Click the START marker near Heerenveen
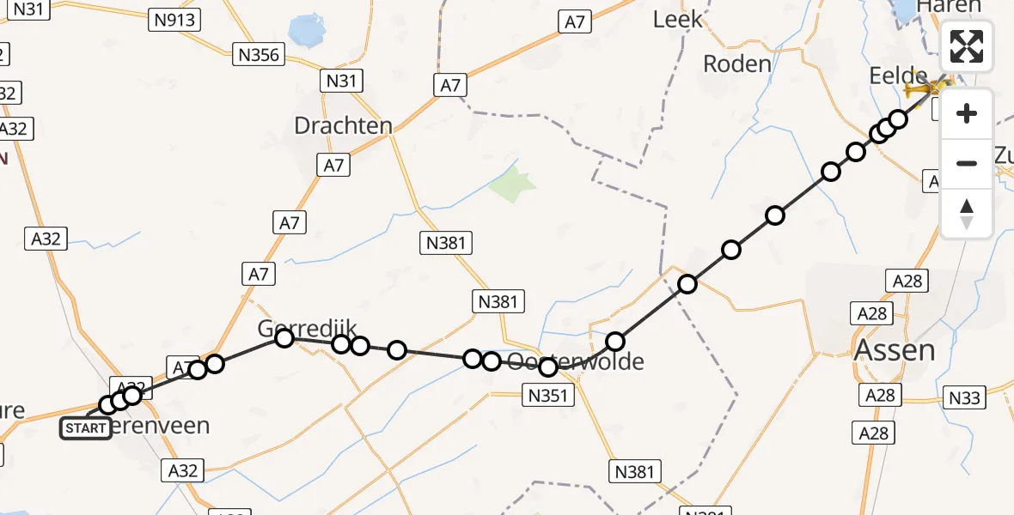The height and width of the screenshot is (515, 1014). click(86, 427)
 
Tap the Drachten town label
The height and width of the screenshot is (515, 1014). click(343, 125)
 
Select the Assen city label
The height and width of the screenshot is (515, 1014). click(894, 349)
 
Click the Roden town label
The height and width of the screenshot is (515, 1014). click(736, 64)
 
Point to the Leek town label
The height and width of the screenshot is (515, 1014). click(677, 19)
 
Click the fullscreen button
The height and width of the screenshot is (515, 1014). click(967, 46)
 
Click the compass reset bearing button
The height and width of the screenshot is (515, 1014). click(967, 213)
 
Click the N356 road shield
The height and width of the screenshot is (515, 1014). click(258, 55)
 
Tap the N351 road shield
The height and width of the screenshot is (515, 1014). click(547, 395)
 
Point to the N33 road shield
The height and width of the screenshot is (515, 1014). click(964, 397)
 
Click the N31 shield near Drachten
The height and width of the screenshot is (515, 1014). click(340, 82)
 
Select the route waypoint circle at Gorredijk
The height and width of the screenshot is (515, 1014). click(284, 338)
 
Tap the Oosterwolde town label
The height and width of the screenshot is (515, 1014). click(575, 361)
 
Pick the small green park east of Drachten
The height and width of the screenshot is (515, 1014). click(513, 183)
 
